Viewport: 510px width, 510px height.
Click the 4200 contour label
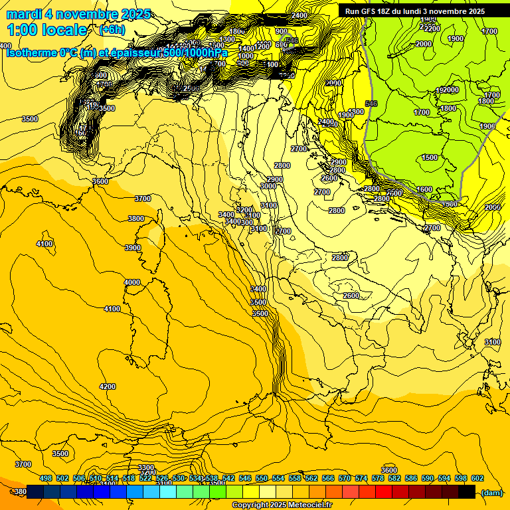107,386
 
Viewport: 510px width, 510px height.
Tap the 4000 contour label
132,282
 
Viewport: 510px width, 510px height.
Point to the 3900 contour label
133,248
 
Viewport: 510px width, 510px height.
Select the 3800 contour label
136,218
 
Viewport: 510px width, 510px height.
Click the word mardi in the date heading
25,14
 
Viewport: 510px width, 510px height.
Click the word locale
64,30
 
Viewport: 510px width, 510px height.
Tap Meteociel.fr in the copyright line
306,505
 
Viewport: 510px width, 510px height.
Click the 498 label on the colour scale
46,478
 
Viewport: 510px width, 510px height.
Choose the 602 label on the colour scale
477,478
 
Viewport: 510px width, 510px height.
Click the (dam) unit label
491,492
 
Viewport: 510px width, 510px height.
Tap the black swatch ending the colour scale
467,491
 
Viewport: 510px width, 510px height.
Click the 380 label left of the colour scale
20,492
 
